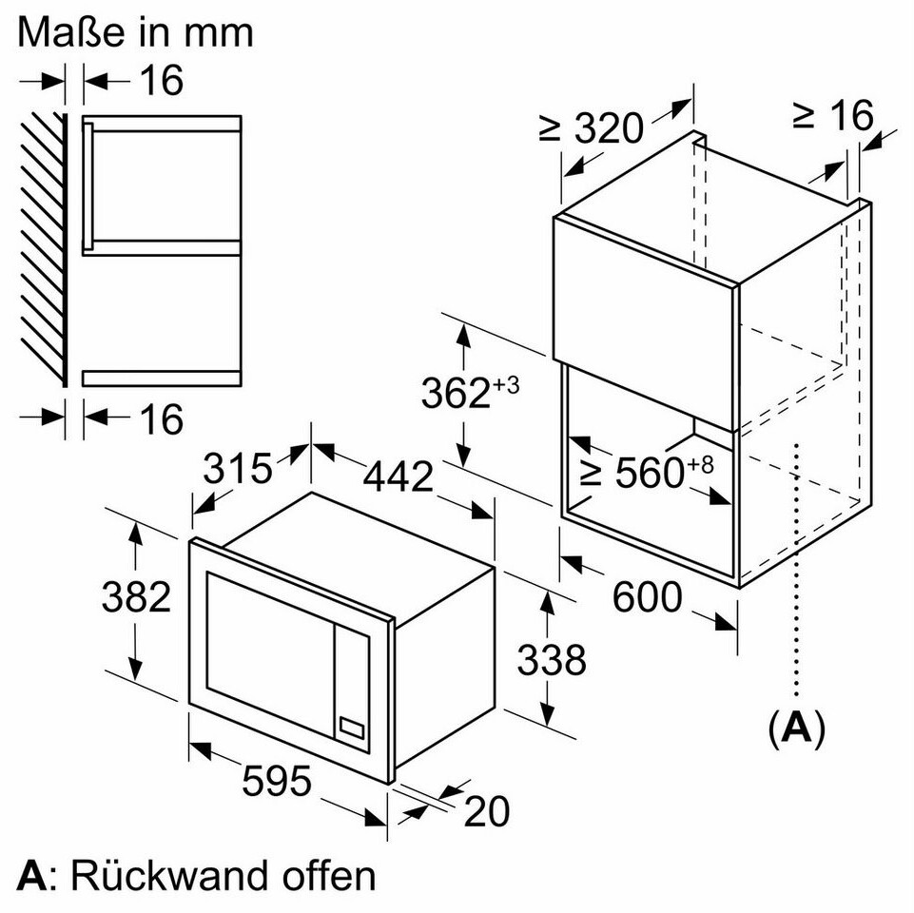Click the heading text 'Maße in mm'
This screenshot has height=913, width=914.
click(136, 31)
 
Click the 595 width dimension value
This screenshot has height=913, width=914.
click(277, 783)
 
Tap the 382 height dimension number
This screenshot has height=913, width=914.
click(136, 597)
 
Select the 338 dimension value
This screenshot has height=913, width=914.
click(552, 658)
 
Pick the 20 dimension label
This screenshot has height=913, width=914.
click(488, 811)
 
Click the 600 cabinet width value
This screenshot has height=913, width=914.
click(647, 597)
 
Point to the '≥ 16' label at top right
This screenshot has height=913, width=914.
click(832, 115)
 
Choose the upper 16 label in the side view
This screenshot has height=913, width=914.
click(161, 81)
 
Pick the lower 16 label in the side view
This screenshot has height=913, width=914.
click(161, 418)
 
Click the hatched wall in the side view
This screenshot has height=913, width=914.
click(44, 247)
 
